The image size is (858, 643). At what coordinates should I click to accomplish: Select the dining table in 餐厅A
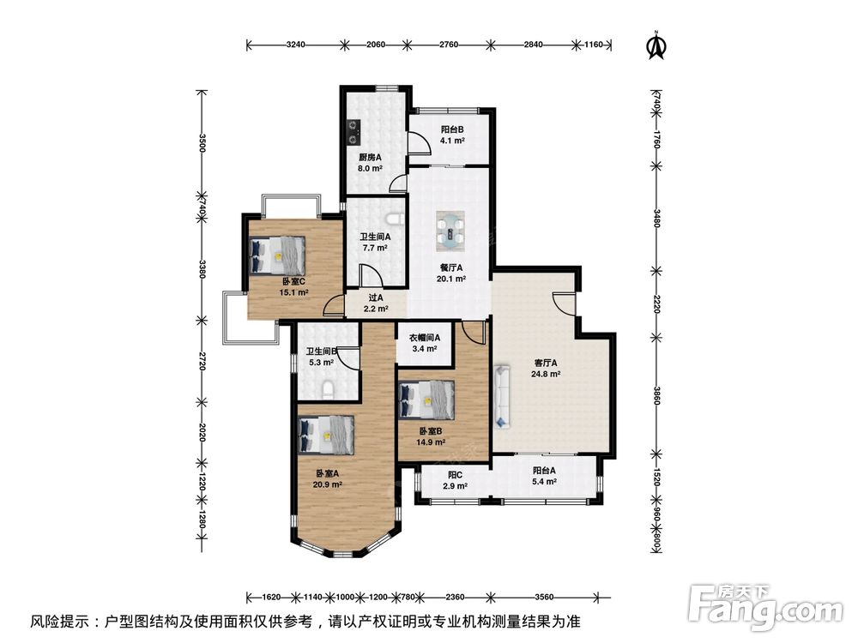[x=451, y=230]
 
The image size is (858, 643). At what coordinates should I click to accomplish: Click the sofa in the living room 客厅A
[x=502, y=396]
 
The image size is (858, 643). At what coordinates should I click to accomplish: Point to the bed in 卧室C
[x=277, y=255]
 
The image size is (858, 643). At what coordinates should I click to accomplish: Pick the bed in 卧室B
[x=426, y=400]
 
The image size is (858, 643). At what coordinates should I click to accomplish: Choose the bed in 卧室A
[x=326, y=436]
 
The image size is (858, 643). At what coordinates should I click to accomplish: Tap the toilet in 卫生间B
[x=328, y=389]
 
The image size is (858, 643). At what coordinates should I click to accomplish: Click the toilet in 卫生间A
[x=395, y=219]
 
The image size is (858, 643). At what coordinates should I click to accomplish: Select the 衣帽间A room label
[x=425, y=338]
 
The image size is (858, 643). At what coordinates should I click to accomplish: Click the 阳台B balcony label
[x=452, y=129]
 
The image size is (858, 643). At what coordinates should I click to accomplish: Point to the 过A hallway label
[x=376, y=298]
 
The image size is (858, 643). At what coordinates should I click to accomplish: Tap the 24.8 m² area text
[x=546, y=375]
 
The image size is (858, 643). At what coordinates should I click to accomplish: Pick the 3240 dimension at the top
[x=295, y=45]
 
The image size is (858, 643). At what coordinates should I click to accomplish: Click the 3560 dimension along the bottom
[x=545, y=597]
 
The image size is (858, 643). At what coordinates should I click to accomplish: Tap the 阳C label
[x=456, y=475]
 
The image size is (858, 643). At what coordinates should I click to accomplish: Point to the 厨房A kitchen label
[x=370, y=158]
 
